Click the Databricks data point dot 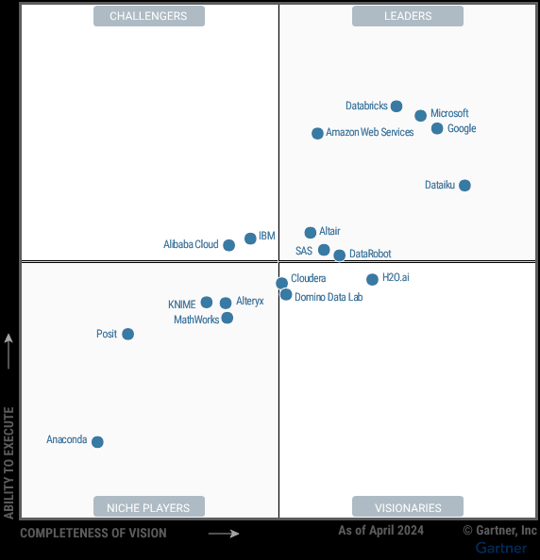point(397,107)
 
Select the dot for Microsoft point(420,116)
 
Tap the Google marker point(437,128)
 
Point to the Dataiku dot point(464,186)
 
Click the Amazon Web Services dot point(317,134)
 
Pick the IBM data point point(250,239)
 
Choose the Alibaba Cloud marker point(228,245)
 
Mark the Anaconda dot point(97,442)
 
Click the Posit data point point(128,334)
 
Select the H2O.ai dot point(372,279)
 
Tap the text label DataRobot point(370,255)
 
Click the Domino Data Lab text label point(329,298)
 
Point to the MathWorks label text point(196,321)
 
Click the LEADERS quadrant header point(408,16)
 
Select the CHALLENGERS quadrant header point(148,16)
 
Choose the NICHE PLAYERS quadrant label point(148,507)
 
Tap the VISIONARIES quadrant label point(408,507)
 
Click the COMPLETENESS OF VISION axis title point(93,534)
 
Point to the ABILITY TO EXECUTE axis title point(9,462)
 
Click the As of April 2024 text point(381,531)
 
